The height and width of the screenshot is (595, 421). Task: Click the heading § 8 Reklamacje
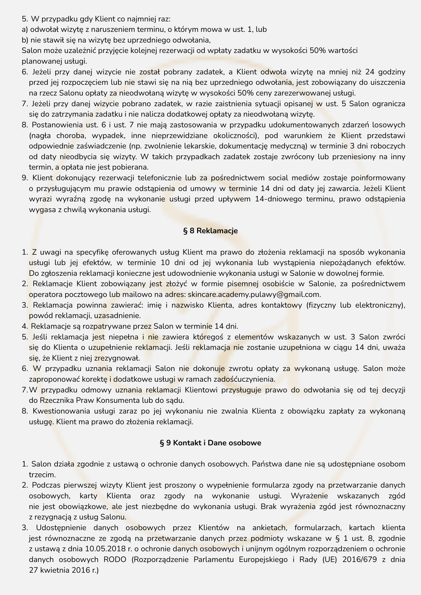click(210, 231)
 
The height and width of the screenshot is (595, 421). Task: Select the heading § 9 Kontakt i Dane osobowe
click(210, 443)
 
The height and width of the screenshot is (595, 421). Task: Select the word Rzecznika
click(53, 400)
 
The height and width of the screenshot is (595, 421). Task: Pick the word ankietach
click(268, 528)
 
